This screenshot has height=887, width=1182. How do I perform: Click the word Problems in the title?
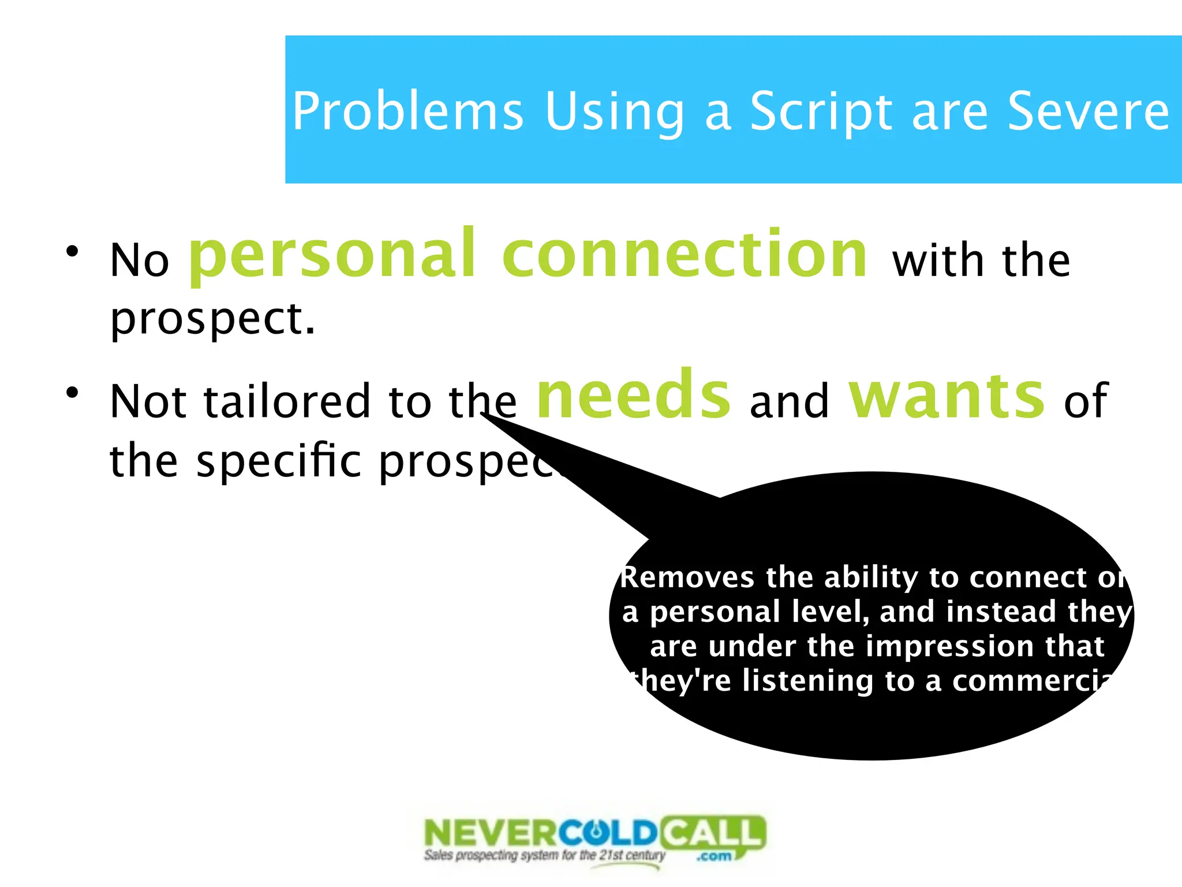pos(407,111)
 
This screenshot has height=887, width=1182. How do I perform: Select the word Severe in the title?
pos(1088,111)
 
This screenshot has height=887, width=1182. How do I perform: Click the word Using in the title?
pos(615,111)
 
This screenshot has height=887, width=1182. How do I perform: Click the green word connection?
pos(684,254)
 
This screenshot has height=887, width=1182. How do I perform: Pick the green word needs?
pos(634,395)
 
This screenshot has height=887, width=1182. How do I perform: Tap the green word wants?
pos(947,395)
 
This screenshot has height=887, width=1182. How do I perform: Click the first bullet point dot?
pos(72,251)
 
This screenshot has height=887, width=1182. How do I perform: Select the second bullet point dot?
pos(72,393)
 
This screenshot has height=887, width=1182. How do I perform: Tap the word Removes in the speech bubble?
pos(687,577)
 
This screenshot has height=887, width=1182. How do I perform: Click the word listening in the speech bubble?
pos(807,680)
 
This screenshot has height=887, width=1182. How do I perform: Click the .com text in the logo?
pos(715,856)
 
